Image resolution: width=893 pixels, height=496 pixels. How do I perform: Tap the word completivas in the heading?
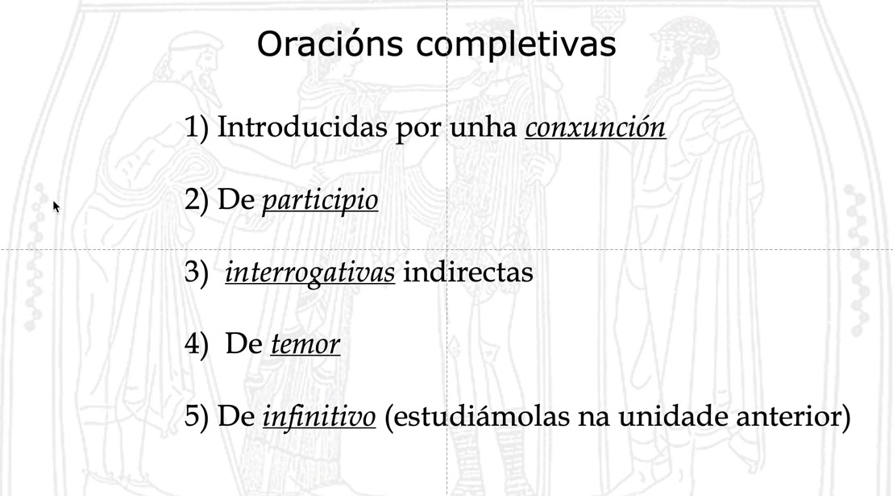coord(516,45)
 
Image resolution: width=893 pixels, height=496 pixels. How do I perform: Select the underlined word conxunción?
coord(595,127)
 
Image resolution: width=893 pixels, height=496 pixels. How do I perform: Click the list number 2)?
coord(197,200)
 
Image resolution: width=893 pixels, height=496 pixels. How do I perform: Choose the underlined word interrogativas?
coord(309,273)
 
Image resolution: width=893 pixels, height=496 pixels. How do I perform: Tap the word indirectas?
coord(467,273)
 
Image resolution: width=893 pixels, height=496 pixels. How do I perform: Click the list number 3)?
coord(197,273)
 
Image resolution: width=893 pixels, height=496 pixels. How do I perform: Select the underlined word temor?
coord(305,345)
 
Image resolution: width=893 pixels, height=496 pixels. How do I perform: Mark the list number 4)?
coord(197,345)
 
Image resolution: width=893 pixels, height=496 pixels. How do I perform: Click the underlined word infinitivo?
coord(319,418)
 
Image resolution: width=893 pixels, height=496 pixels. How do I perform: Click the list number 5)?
coord(197,418)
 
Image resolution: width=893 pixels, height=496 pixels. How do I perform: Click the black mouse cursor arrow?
coord(56,207)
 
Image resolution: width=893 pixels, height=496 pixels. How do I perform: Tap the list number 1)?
coord(197,127)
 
